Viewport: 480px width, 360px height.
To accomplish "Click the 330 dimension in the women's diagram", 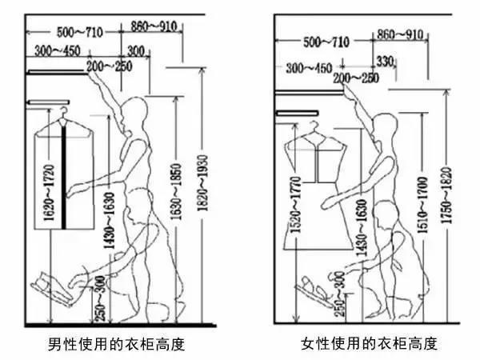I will click(385, 61).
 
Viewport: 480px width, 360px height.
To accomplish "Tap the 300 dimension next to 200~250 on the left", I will click(136, 53).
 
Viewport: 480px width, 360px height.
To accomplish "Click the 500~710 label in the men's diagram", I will click(80, 32).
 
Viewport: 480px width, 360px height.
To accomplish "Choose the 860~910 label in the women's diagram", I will click(399, 34).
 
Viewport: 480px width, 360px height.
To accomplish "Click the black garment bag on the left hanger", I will click(66, 184).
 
